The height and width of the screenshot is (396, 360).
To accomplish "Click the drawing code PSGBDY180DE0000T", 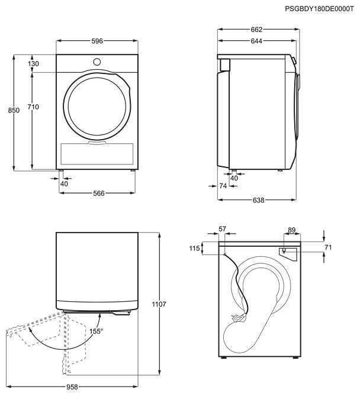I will pyautogui.click(x=319, y=9).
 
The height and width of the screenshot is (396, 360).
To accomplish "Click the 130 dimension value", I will pyautogui.click(x=33, y=64).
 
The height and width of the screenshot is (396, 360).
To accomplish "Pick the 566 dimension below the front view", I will pyautogui.click(x=99, y=194).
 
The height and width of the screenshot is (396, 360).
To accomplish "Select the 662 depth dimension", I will pyautogui.click(x=256, y=29).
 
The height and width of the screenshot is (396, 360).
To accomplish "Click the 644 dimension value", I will pyautogui.click(x=256, y=41).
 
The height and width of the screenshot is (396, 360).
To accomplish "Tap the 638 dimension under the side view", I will pyautogui.click(x=258, y=200).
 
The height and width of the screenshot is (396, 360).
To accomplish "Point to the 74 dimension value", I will pyautogui.click(x=223, y=186).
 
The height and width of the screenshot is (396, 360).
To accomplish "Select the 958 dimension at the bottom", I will pyautogui.click(x=72, y=387).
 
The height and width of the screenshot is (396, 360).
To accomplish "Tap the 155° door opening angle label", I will pyautogui.click(x=97, y=331).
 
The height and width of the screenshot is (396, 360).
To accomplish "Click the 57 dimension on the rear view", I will pyautogui.click(x=223, y=228).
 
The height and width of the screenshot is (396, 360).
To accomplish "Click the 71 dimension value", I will pyautogui.click(x=329, y=247).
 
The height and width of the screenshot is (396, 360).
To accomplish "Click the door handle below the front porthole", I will pyautogui.click(x=97, y=142).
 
